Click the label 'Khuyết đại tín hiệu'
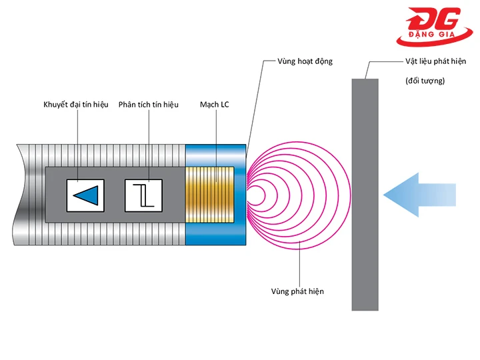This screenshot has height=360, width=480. point(76,105)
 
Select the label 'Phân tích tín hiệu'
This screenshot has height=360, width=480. point(148,105)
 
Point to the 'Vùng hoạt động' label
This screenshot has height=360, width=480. point(305,61)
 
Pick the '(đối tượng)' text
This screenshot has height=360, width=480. point(425,81)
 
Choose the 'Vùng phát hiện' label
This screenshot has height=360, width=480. point(297,291)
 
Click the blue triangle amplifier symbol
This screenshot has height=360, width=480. point(87,195)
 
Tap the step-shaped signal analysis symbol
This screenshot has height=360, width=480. point(144,195)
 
